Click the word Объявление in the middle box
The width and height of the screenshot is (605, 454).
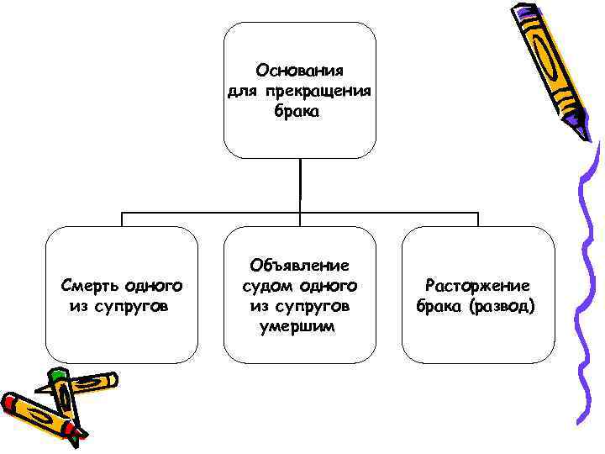point(300,265)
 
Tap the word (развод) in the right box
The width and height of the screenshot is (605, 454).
point(502,306)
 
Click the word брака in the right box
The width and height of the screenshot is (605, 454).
point(440,306)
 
